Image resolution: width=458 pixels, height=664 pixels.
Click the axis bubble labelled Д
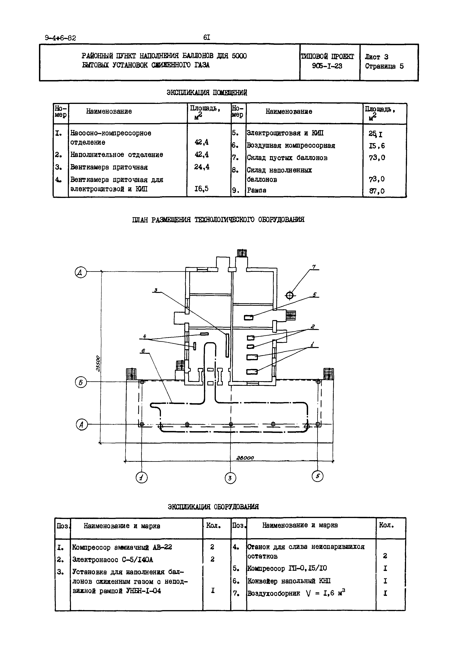[81, 272]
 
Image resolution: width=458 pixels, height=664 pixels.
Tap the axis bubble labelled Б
[81, 383]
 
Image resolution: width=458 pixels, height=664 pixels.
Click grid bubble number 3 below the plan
[230, 478]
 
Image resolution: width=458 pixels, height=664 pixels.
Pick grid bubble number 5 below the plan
[317, 476]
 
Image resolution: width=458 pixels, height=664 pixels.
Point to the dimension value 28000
[245, 458]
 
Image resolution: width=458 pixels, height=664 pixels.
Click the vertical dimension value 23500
[98, 364]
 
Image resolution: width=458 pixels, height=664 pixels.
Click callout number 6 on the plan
[143, 350]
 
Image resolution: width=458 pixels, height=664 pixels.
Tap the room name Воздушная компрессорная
[291, 146]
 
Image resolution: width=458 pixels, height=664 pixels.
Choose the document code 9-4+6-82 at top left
[60, 38]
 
